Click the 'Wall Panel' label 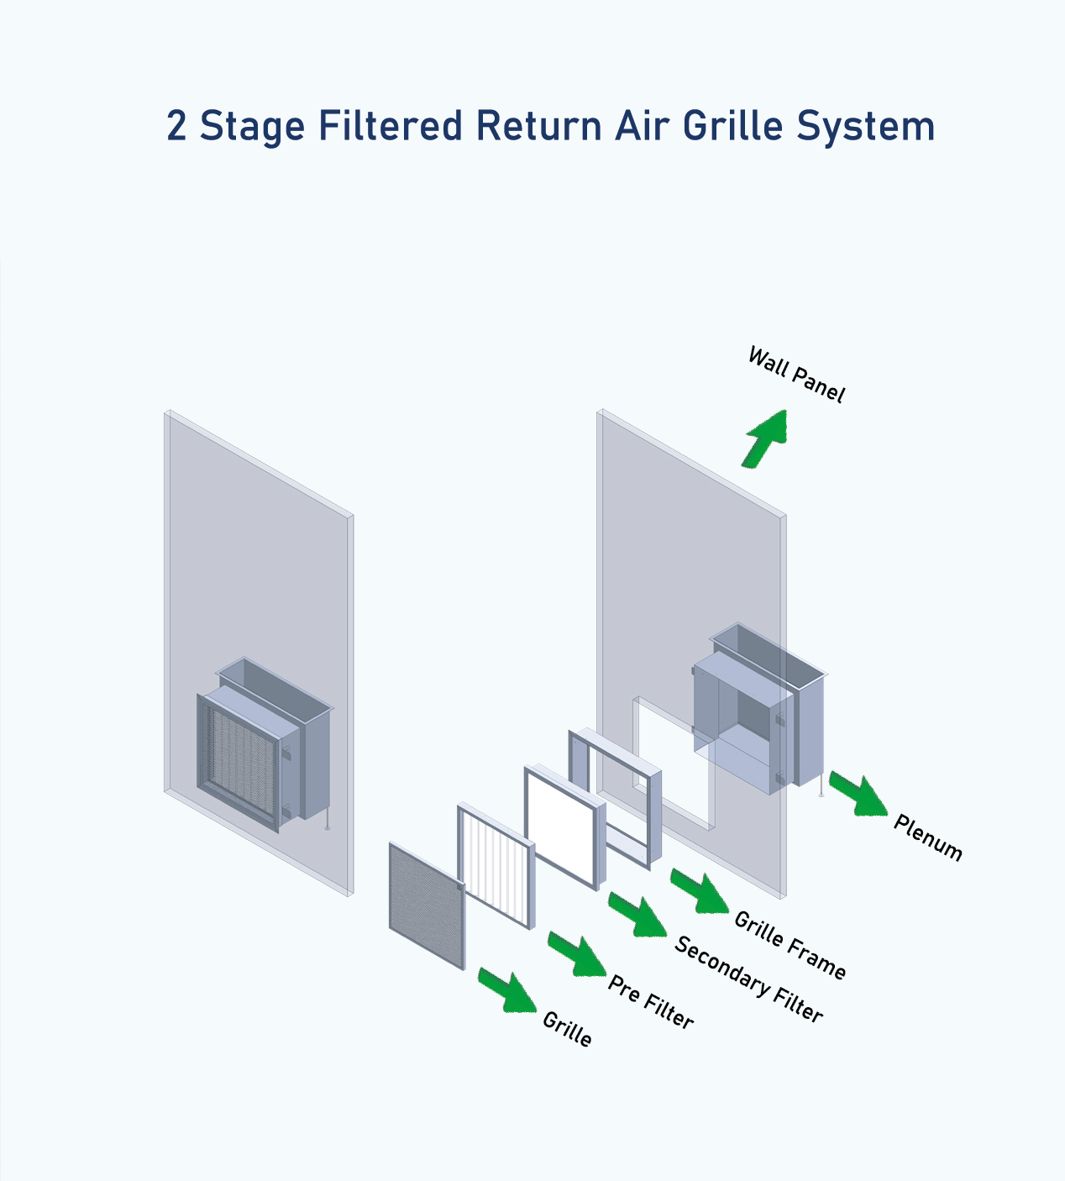click(795, 375)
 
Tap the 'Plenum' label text click(927, 837)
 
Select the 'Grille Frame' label click(790, 945)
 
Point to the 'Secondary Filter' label click(748, 979)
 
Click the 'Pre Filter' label click(651, 1002)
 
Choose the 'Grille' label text click(567, 1029)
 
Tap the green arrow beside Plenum click(858, 794)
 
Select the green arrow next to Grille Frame click(700, 891)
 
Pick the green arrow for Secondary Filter click(637, 915)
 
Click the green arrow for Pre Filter click(577, 954)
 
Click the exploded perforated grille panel click(427, 905)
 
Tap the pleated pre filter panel click(496, 866)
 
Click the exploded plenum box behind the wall click(756, 714)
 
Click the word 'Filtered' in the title click(391, 126)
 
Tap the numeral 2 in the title click(176, 126)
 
